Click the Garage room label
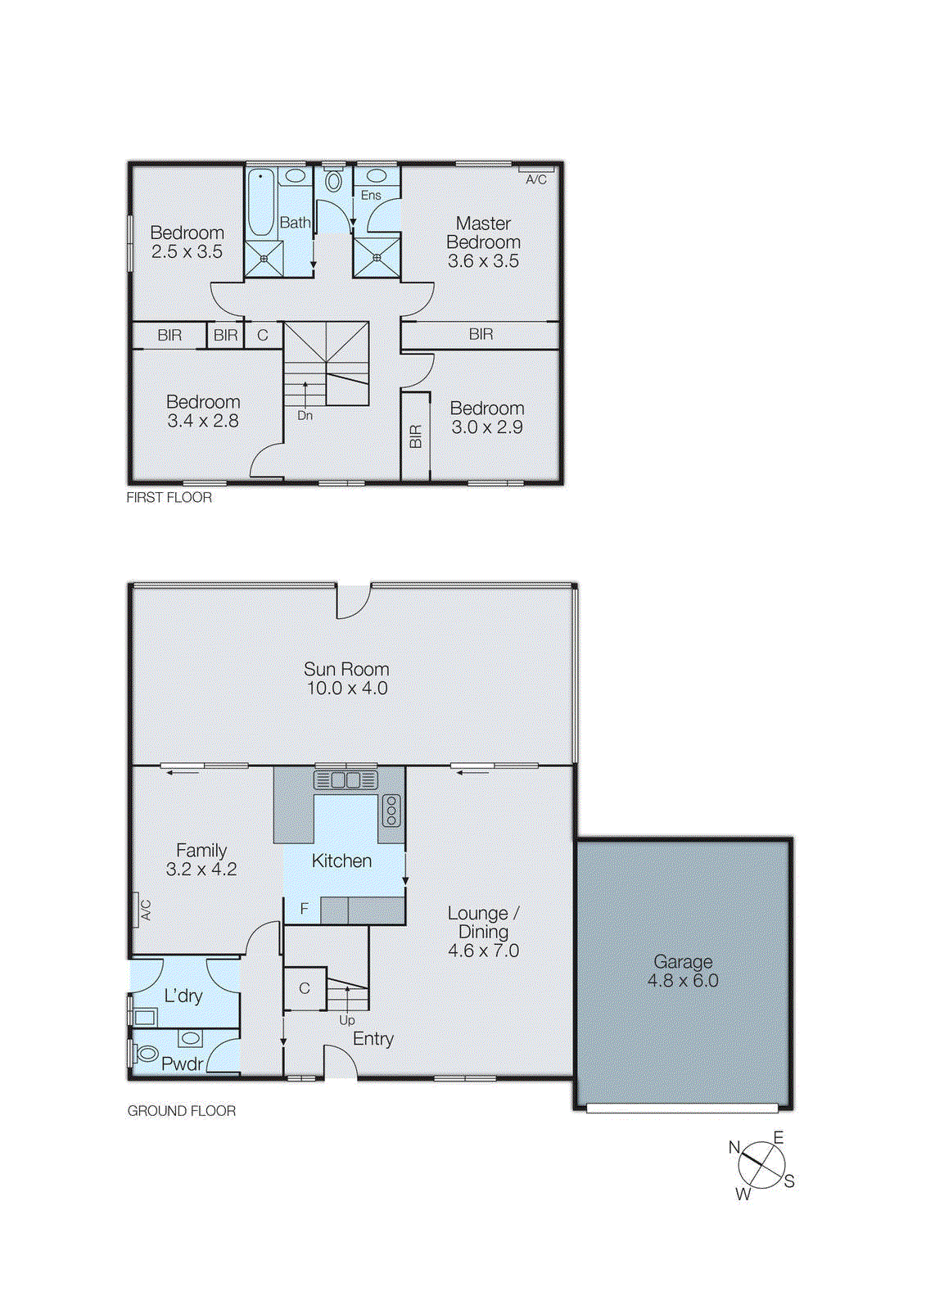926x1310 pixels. tap(683, 961)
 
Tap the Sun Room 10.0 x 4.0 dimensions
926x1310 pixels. tap(347, 689)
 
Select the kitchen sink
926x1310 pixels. tap(345, 779)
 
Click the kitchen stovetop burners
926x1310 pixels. tap(391, 810)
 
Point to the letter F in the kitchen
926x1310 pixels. tap(305, 909)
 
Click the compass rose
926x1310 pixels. tap(761, 1165)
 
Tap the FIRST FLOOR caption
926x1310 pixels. tap(169, 498)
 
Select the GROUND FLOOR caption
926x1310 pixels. tap(182, 1111)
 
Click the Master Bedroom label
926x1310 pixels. tap(483, 233)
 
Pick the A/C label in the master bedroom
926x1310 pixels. tap(536, 179)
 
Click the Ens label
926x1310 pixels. tap(371, 196)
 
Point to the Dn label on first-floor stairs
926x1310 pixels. tap(305, 416)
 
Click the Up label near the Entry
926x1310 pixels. tap(347, 1021)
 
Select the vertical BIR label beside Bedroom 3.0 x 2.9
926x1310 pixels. tap(415, 436)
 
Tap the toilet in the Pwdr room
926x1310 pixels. tap(147, 1053)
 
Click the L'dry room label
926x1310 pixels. tap(183, 996)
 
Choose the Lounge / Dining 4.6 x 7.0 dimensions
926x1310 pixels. tap(483, 951)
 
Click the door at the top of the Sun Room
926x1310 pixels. tap(353, 602)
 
